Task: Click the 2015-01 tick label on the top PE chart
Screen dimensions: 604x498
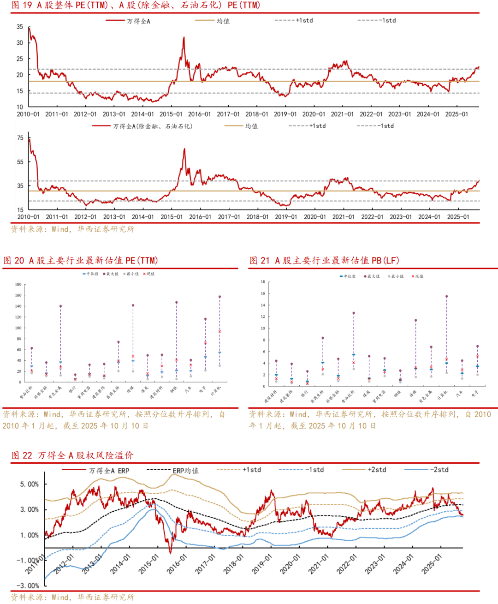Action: (171, 114)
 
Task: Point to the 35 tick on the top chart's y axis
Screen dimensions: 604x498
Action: (20, 27)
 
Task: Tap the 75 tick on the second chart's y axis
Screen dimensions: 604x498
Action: (20, 138)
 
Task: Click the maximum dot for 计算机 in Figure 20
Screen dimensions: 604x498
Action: (219, 297)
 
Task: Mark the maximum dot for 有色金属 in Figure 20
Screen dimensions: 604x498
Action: (60, 306)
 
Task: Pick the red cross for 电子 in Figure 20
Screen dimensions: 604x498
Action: (205, 343)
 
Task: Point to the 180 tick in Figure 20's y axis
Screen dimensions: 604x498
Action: (18, 285)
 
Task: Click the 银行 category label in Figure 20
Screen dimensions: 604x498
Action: (73, 389)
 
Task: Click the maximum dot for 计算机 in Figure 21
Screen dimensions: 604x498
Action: (446, 297)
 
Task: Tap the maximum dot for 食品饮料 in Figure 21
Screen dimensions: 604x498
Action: (354, 313)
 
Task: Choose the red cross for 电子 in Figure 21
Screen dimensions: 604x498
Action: (477, 356)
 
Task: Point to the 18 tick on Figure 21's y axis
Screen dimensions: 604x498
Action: (263, 282)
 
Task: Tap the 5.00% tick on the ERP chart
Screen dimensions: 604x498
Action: (30, 484)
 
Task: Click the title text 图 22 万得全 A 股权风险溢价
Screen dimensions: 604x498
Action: (72, 455)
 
